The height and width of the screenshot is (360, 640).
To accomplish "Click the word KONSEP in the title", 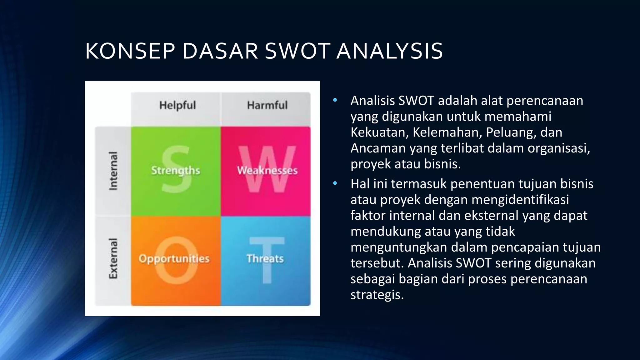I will (x=130, y=51).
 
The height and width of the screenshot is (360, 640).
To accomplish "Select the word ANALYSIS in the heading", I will (x=390, y=51).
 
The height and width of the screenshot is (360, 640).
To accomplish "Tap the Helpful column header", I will (x=177, y=105).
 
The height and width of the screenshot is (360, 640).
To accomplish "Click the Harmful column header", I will (x=267, y=105).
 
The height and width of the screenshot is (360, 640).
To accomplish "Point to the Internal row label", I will (x=113, y=171).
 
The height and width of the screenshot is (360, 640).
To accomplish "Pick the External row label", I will (x=113, y=258).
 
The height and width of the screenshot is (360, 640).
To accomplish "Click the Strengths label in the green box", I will (x=176, y=171).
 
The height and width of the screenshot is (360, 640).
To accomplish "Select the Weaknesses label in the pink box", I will (x=267, y=171).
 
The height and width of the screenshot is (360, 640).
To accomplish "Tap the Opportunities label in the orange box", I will (x=174, y=259).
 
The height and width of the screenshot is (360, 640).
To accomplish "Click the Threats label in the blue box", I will (x=265, y=259).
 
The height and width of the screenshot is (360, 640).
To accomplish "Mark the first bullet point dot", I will (x=335, y=100).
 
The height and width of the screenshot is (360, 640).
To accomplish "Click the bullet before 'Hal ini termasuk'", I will (x=335, y=183).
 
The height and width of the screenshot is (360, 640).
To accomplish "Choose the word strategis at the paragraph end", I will (x=377, y=295).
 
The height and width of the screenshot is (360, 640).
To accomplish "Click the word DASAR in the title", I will (x=220, y=51).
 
